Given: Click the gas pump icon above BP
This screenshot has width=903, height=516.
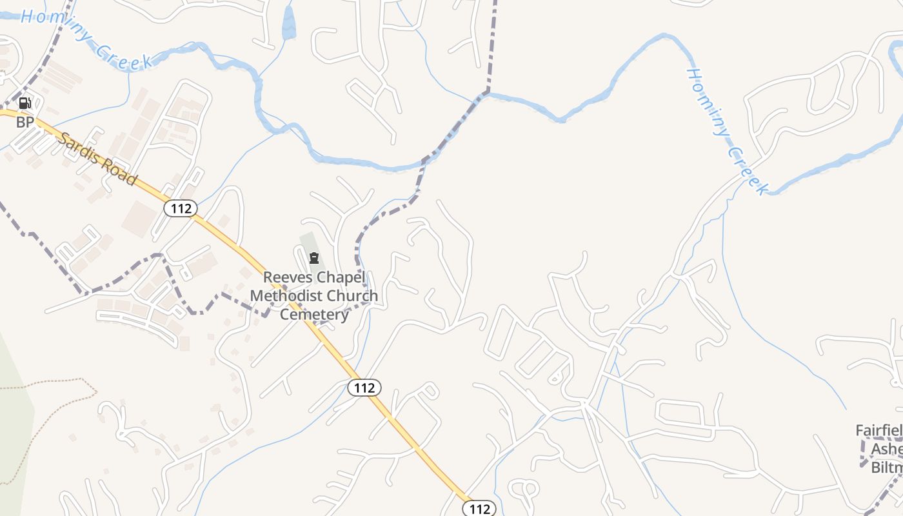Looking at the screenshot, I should pyautogui.click(x=25, y=103).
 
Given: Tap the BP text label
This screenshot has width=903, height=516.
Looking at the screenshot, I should pyautogui.click(x=25, y=122).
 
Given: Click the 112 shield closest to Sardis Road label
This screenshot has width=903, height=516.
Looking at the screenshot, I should pyautogui.click(x=180, y=208).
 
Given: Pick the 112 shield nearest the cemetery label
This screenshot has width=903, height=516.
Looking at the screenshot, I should pyautogui.click(x=364, y=388).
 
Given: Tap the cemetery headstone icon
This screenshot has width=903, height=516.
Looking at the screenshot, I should pyautogui.click(x=314, y=259).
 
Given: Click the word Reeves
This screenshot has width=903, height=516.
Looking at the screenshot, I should pyautogui.click(x=287, y=277).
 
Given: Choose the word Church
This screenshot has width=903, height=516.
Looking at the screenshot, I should pyautogui.click(x=352, y=296).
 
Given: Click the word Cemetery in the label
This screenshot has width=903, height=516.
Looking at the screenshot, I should pyautogui.click(x=314, y=315).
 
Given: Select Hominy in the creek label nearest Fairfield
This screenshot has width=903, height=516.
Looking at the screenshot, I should pyautogui.click(x=708, y=100).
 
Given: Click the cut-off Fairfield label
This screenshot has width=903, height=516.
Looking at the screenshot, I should pyautogui.click(x=878, y=431).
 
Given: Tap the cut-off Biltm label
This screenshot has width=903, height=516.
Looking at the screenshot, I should pyautogui.click(x=886, y=467).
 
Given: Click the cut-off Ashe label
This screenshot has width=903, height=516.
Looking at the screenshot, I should pyautogui.click(x=886, y=449).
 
